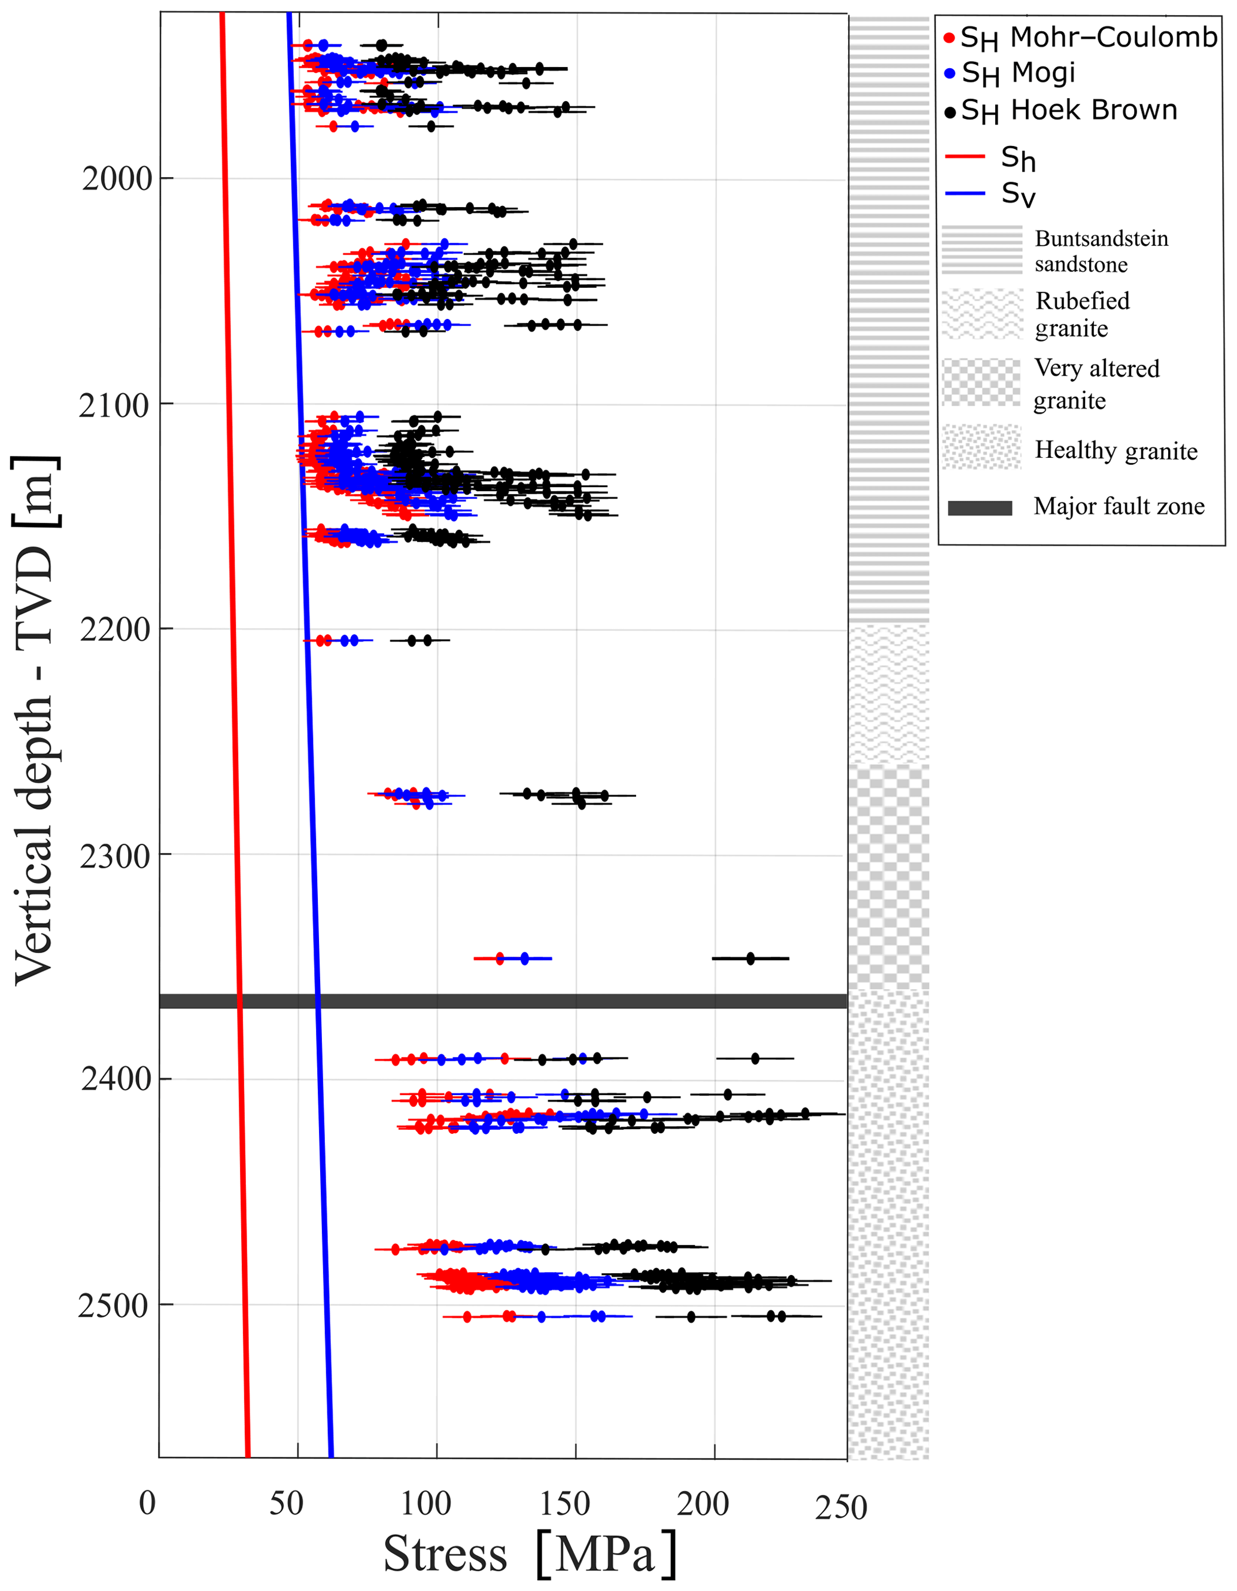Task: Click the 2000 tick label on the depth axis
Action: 117,178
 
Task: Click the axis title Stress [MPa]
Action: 530,1554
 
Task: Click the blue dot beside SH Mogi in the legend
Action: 949,74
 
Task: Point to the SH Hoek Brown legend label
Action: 1069,111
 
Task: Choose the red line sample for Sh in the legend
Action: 965,157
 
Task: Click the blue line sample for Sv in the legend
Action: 965,194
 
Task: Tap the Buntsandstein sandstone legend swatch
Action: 982,250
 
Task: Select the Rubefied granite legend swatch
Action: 982,314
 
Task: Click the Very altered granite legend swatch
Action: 982,382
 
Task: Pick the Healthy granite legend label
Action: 1116,451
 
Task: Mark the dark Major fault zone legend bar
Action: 980,508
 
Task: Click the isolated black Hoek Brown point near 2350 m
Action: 750,958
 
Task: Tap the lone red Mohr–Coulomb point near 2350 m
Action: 500,958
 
